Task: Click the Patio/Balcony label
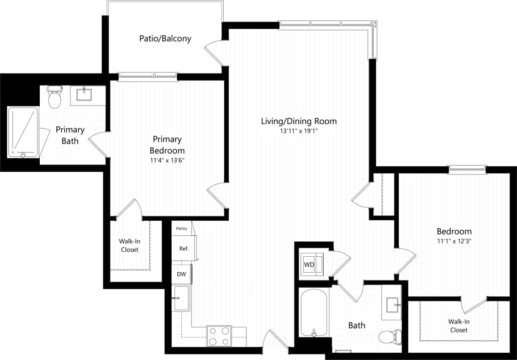tap(165, 39)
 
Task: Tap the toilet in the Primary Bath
tap(55, 98)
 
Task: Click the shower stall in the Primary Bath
tap(23, 132)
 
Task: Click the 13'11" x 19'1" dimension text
tap(298, 131)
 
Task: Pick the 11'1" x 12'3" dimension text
tap(454, 241)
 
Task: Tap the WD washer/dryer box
tap(309, 265)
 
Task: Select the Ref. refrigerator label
tap(184, 248)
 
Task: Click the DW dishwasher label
tap(181, 273)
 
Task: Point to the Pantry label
tap(181, 228)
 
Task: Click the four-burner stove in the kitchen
tap(219, 336)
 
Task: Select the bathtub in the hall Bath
tap(314, 313)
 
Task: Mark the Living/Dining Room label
tap(298, 121)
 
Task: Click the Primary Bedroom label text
tap(167, 145)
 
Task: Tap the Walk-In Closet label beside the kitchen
tap(129, 245)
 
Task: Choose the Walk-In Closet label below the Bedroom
tap(458, 325)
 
